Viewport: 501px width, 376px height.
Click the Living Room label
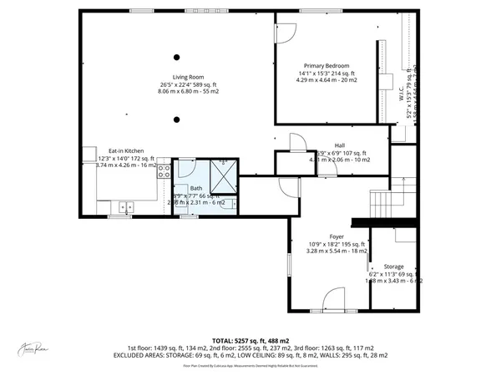pos(177,77)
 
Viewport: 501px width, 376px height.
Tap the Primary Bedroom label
pos(326,66)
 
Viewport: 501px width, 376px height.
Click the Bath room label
pos(195,188)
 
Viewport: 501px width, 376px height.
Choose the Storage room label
pos(395,267)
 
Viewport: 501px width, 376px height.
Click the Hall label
pos(340,145)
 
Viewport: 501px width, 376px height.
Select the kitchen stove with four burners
pos(164,172)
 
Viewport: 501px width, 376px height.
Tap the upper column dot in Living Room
pos(177,57)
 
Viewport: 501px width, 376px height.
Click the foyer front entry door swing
pos(334,298)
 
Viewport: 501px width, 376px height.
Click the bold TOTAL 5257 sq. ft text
pos(250,341)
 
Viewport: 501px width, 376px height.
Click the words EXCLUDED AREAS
pos(145,355)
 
